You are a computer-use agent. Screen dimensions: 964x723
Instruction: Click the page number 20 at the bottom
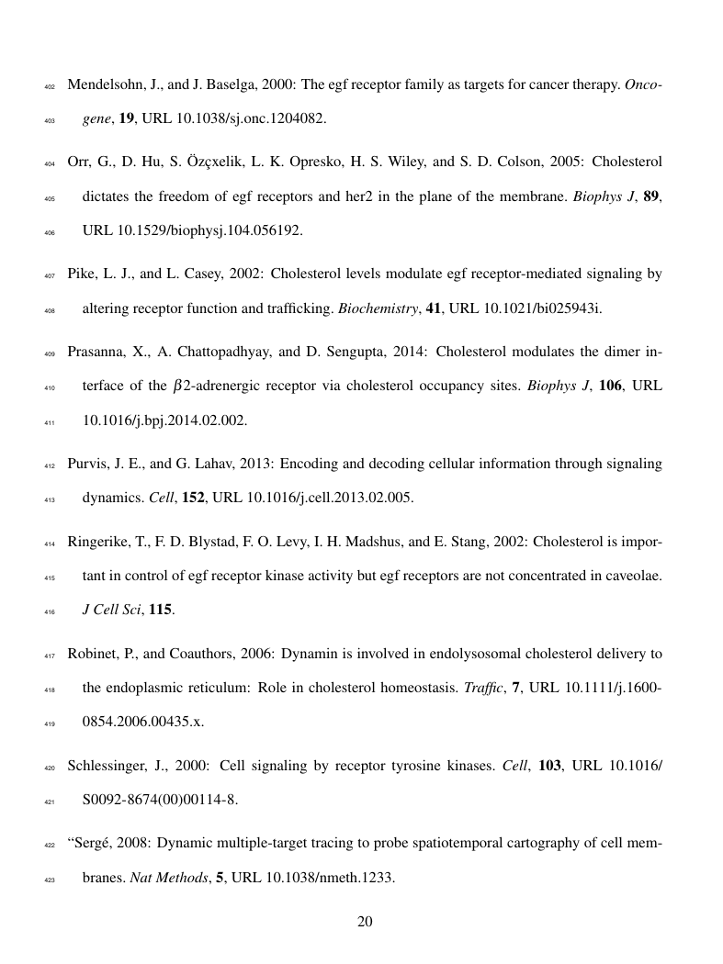[364, 923]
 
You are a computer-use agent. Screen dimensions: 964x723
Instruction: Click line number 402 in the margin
[50, 88]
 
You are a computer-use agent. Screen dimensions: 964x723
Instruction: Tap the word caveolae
[632, 577]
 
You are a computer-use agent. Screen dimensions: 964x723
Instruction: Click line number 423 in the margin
[50, 879]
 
